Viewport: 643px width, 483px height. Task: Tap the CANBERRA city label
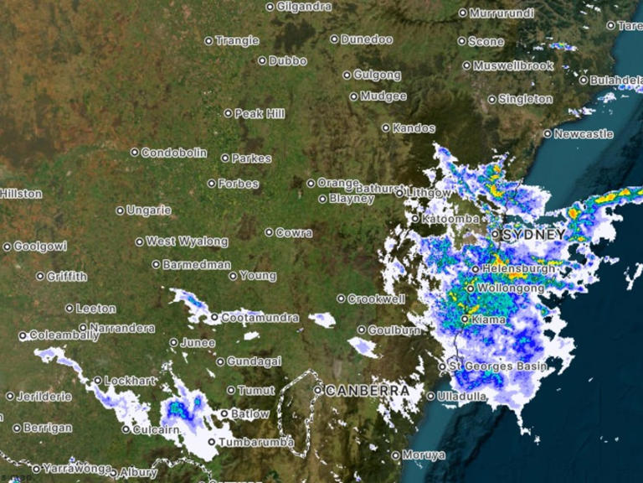coord(368,391)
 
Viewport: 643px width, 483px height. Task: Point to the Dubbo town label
coord(288,60)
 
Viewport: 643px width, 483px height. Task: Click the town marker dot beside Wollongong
coord(470,288)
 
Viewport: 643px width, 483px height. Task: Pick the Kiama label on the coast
coord(487,319)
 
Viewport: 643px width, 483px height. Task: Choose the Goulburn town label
coord(394,330)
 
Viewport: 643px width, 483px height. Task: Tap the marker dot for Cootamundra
coord(214,318)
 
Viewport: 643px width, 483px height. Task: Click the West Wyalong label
coord(187,241)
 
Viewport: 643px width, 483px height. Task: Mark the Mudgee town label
coord(383,96)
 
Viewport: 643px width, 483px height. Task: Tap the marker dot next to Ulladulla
coord(431,396)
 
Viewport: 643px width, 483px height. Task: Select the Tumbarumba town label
coord(256,442)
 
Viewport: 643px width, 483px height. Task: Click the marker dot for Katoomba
coord(414,219)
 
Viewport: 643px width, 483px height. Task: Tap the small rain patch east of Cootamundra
coord(321,319)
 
